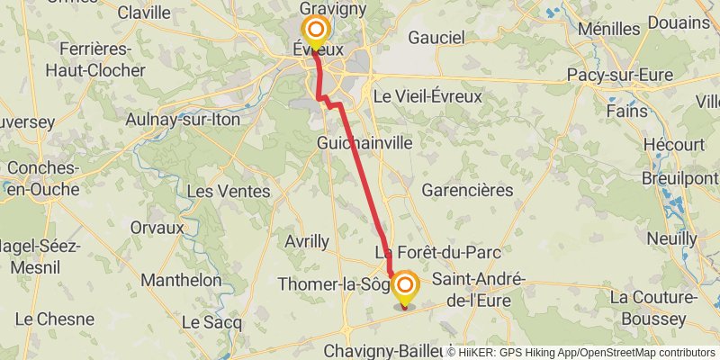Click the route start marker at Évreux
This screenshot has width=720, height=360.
click(316, 30)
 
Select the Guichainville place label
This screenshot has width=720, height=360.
click(364, 142)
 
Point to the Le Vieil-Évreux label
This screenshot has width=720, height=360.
click(427, 95)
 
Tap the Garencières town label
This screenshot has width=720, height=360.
click(467, 190)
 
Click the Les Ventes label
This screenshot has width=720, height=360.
click(228, 191)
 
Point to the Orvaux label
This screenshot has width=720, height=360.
click(157, 228)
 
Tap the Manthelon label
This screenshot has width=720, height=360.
click(181, 280)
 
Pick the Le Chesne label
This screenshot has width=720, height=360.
click(54, 319)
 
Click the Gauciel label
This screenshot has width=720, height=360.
click(436, 38)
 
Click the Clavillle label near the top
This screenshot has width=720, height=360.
click(144, 12)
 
